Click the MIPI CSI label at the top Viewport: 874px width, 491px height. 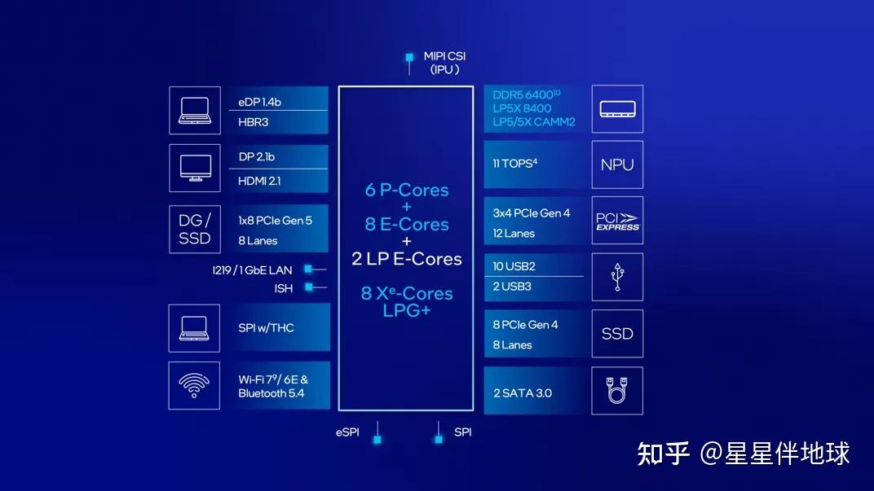tap(444, 56)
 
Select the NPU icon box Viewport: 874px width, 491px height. tap(617, 164)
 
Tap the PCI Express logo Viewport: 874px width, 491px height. tap(617, 221)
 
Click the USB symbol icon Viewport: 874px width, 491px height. tap(617, 277)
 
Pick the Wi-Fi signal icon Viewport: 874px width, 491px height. tap(194, 385)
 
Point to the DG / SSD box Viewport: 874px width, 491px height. tap(194, 229)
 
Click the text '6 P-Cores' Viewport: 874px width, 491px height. tap(407, 190)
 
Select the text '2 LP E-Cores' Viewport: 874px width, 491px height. tap(407, 259)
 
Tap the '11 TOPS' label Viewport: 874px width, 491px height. tap(514, 164)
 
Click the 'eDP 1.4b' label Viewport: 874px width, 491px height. tap(259, 102)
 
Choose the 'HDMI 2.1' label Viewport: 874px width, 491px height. tap(259, 181)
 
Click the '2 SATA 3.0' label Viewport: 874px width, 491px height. tap(522, 393)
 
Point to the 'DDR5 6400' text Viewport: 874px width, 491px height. tap(526, 95)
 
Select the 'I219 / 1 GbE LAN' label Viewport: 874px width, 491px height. tap(252, 270)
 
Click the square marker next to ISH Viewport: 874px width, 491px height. tap(309, 287)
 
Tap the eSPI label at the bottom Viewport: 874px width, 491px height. tap(347, 432)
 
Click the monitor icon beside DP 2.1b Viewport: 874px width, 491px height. tap(194, 169)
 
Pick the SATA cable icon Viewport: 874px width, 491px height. tap(617, 391)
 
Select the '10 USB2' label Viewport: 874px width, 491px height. tap(514, 266)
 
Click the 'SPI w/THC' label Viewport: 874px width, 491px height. tap(266, 327)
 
